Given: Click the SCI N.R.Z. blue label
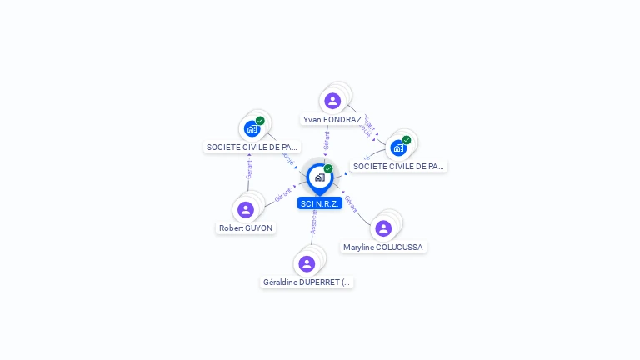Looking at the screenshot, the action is (320, 203).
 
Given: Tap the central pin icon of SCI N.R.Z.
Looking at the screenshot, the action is (320, 177).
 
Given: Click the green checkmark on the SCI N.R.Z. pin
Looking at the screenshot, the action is (328, 169).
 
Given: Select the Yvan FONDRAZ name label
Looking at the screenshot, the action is (332, 120).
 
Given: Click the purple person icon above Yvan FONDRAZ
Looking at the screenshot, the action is (332, 101).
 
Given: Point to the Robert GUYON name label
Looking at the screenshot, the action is (246, 228).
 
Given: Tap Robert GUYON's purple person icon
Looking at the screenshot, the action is (245, 209).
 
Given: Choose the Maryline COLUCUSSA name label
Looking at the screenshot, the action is (383, 247).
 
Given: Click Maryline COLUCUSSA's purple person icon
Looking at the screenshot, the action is (383, 227).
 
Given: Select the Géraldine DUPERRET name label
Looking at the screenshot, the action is (307, 282).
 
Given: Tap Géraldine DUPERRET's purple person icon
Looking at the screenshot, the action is (307, 263).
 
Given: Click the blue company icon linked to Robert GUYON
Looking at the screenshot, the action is (252, 128).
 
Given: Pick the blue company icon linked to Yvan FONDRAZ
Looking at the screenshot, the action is (398, 147).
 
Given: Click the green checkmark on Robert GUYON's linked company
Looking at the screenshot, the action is (260, 121).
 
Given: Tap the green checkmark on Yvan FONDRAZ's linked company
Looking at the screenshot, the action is (407, 140).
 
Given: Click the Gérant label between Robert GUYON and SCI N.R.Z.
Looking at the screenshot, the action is (282, 196).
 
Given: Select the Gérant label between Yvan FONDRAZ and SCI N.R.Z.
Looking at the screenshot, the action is (327, 140).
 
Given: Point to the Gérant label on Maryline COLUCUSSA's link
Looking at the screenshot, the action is (351, 204).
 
